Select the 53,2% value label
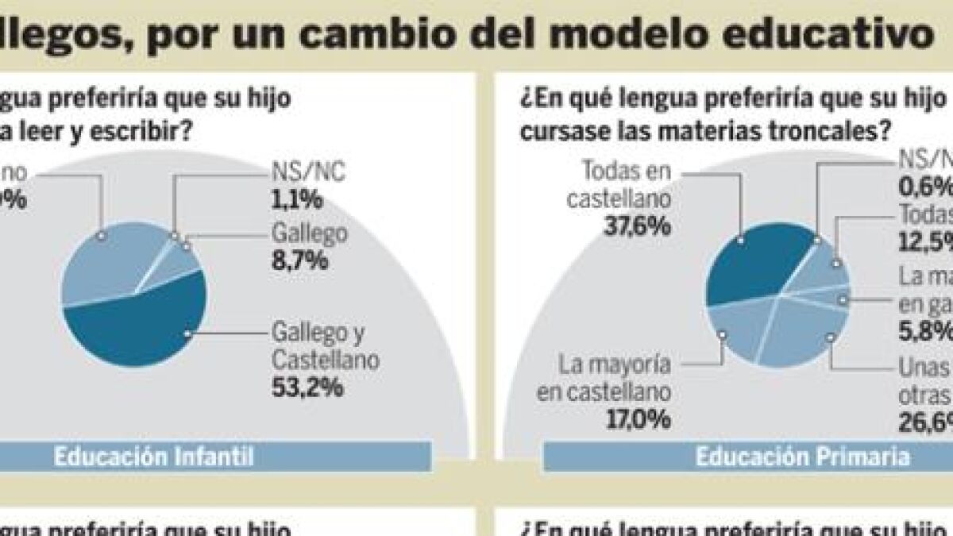click(308, 388)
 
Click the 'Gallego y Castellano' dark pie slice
click(143, 322)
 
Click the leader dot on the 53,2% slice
click(188, 334)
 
